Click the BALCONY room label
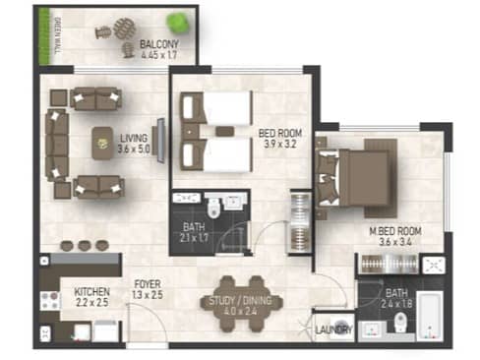[159, 44]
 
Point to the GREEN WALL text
[58, 35]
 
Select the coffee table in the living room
[102, 144]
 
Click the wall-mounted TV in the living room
[160, 140]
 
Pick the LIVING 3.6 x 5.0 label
[134, 144]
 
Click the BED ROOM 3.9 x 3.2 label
[280, 139]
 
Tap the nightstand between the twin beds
[190, 132]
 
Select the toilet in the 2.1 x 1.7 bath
[213, 208]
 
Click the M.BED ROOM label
[395, 231]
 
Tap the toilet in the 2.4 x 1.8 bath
[400, 322]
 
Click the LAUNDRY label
[333, 330]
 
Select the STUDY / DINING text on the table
[240, 301]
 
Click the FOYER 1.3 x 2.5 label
[148, 289]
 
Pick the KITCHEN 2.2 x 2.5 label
[91, 297]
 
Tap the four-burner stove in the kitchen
[50, 301]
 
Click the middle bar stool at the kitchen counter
[85, 245]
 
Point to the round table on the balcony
[125, 29]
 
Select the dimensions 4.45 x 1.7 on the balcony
[159, 54]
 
